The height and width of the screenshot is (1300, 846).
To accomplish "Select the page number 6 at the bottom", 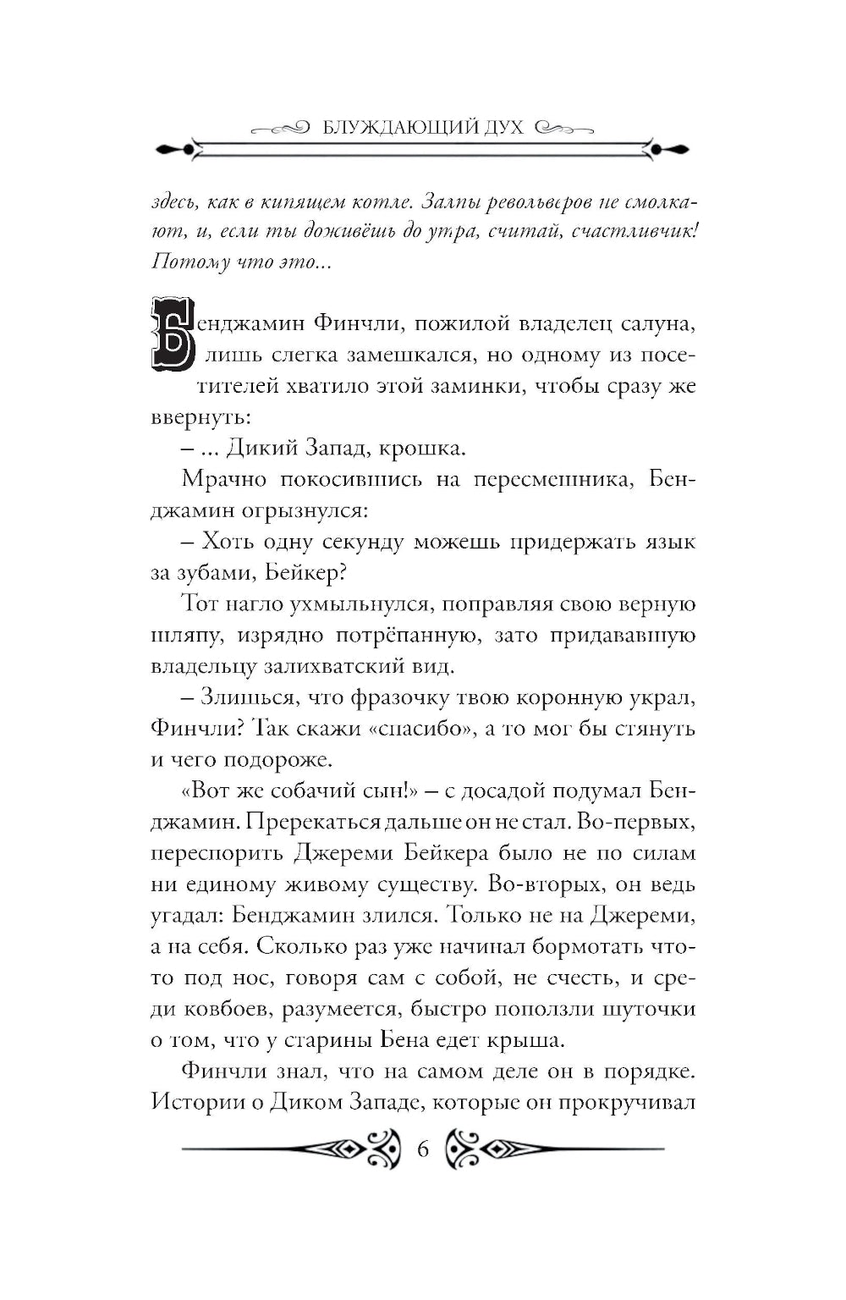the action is (x=423, y=1150).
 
